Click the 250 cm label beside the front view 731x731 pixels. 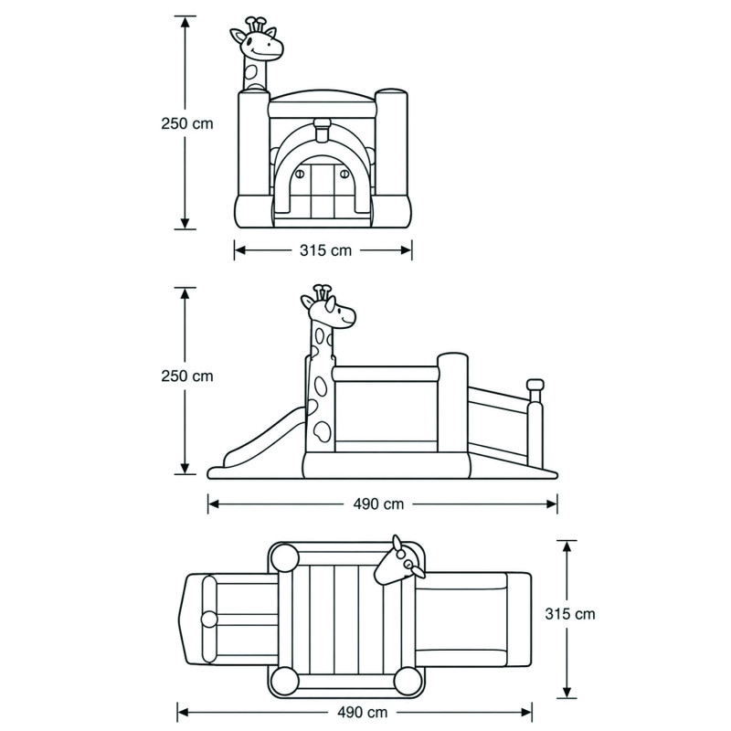point(187,123)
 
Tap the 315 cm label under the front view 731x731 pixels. point(325,250)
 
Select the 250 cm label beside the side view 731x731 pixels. point(187,376)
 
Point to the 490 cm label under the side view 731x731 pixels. point(378,504)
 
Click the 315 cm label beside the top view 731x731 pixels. point(570,614)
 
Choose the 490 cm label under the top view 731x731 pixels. point(362,713)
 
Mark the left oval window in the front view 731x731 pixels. point(300,175)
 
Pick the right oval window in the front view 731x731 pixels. point(345,174)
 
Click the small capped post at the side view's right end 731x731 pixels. point(535,424)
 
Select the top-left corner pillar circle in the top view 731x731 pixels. point(285,557)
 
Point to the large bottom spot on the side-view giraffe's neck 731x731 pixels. point(322,431)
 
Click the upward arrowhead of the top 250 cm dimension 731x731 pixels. point(185,22)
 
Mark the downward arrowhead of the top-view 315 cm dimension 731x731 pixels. point(567,692)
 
